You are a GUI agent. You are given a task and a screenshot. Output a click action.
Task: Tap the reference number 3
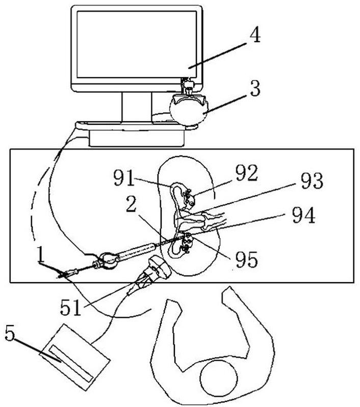[255, 88]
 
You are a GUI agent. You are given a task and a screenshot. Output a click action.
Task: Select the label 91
[124, 178]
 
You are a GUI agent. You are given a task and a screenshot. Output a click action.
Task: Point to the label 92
[246, 173]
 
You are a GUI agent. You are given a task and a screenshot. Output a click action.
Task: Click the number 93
[312, 180]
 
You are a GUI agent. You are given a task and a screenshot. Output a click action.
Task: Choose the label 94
[303, 215]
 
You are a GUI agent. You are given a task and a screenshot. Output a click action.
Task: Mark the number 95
[247, 260]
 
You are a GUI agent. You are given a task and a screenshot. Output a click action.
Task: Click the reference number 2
[131, 204]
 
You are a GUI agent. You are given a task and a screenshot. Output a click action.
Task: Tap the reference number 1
[40, 255]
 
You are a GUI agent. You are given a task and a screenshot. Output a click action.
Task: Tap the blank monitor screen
[137, 44]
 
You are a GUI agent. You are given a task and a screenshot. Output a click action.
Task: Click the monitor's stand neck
[137, 106]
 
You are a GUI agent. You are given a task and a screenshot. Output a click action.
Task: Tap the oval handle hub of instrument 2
[109, 261]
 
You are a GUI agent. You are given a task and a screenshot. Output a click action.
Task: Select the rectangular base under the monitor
[137, 138]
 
